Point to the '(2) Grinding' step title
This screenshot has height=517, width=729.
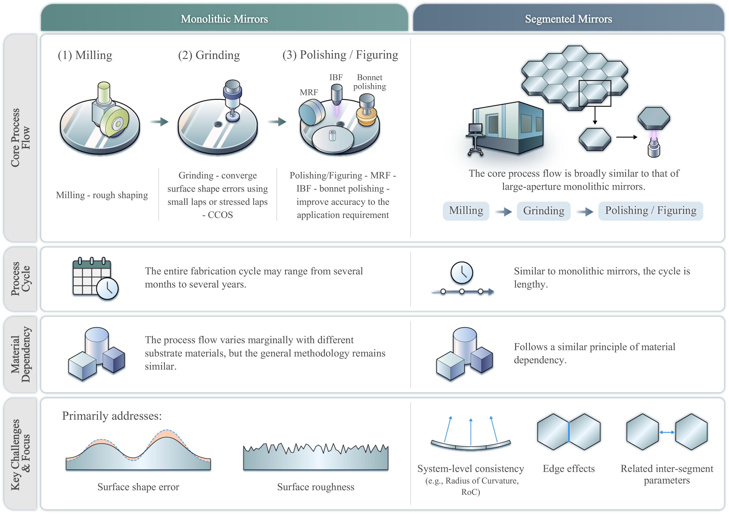coord(209,55)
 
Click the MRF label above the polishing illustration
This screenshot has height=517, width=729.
coord(309,92)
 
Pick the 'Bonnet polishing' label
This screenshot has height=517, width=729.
coord(370,82)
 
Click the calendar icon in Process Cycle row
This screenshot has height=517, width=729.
coord(95,279)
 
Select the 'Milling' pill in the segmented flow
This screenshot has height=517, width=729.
coord(466,211)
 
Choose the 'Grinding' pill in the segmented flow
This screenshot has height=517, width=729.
coord(543,211)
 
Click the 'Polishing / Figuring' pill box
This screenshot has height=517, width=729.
coord(651,211)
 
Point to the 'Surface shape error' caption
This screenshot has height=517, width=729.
coord(138,487)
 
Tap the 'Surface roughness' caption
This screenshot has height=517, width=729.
coord(316,487)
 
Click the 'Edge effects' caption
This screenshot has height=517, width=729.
coord(569,469)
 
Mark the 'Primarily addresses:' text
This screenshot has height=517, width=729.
coord(112,416)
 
